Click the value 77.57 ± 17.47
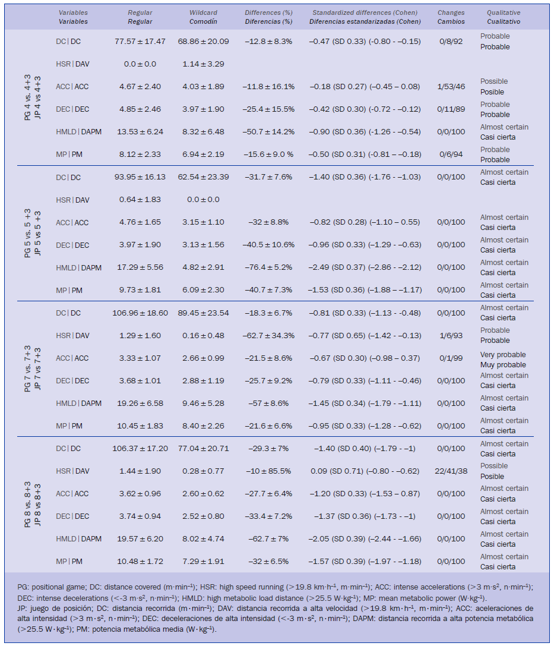pos(140,42)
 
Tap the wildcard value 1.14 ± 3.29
pos(203,64)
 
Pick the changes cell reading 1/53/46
pos(451,87)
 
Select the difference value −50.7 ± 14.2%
pos(268,132)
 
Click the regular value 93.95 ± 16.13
pos(140,177)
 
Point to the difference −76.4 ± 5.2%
pos(268,267)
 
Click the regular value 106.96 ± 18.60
pos(140,313)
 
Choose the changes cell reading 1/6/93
pos(451,335)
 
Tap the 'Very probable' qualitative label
pos(503,355)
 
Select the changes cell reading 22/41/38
pos(451,471)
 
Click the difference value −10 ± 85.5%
pos(268,471)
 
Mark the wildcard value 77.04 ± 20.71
pos(203,448)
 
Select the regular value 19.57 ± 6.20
pos(140,538)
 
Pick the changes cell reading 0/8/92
pos(451,42)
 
